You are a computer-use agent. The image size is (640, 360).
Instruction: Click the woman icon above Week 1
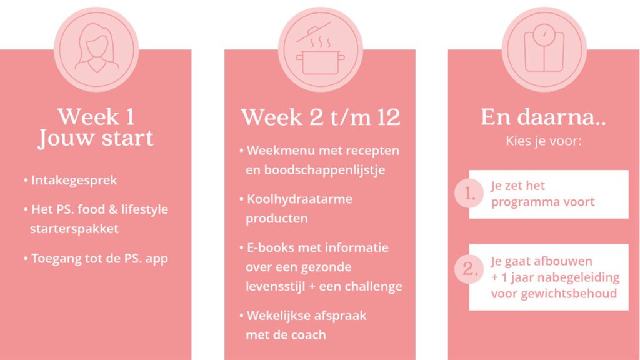click(x=96, y=49)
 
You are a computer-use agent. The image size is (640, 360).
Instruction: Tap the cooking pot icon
click(x=321, y=62)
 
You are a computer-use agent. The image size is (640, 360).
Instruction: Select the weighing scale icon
click(x=544, y=48)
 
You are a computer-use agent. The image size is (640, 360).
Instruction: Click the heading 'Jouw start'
click(x=96, y=139)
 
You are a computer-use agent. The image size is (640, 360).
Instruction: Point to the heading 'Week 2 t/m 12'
click(x=321, y=117)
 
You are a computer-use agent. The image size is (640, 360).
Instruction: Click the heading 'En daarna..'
click(x=543, y=117)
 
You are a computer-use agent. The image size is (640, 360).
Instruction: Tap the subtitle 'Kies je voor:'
click(x=544, y=141)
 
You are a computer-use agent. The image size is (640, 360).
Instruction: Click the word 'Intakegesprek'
click(x=74, y=181)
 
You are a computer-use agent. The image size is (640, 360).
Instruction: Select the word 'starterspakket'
click(x=74, y=229)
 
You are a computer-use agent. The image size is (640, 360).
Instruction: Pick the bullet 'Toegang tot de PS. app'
click(x=96, y=259)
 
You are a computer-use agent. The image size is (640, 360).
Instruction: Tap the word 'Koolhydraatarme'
click(x=299, y=199)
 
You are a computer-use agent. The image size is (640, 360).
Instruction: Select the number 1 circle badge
click(x=469, y=193)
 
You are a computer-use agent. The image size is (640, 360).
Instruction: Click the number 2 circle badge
click(x=469, y=269)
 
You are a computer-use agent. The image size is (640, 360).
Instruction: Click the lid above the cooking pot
click(x=314, y=32)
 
